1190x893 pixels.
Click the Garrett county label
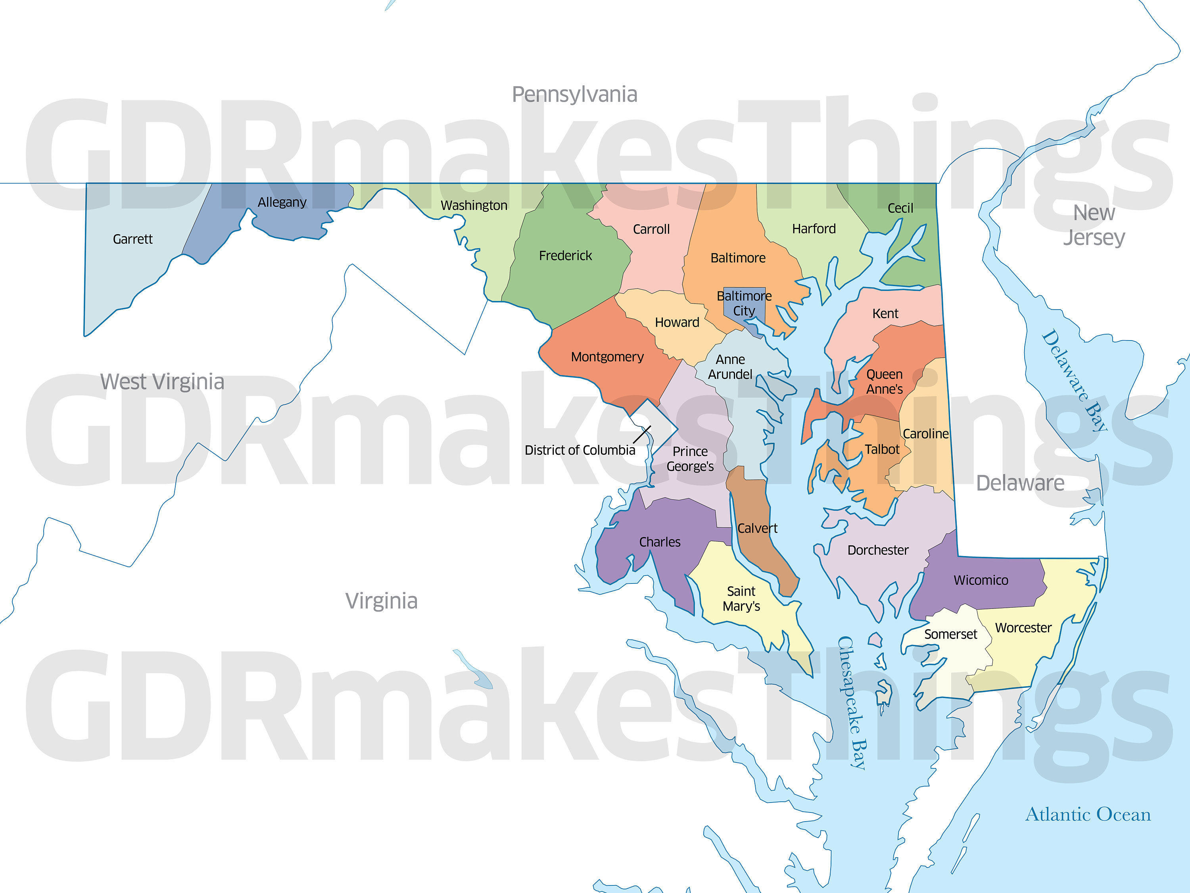tap(132, 239)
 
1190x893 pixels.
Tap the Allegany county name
tap(282, 202)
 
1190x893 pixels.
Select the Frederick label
tap(565, 256)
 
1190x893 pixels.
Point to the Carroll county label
tap(651, 229)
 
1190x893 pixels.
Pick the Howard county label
tap(677, 322)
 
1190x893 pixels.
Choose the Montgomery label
tap(607, 357)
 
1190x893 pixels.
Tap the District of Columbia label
tap(580, 450)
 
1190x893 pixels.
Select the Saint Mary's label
tap(741, 599)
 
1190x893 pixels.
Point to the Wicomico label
tap(981, 580)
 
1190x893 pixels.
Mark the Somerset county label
tap(950, 635)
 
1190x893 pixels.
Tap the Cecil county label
tap(900, 208)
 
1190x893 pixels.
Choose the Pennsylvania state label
tap(574, 95)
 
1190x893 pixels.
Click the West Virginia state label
tap(162, 382)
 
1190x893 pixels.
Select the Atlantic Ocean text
tap(1088, 814)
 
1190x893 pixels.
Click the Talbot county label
tap(882, 449)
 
